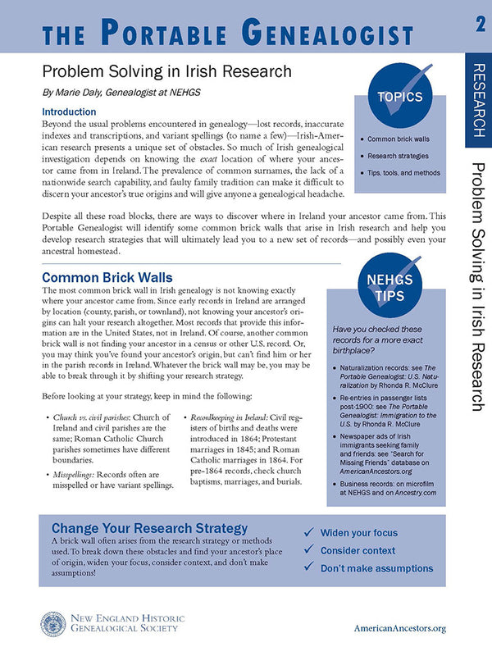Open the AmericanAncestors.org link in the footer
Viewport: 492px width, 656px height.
pyautogui.click(x=399, y=628)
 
